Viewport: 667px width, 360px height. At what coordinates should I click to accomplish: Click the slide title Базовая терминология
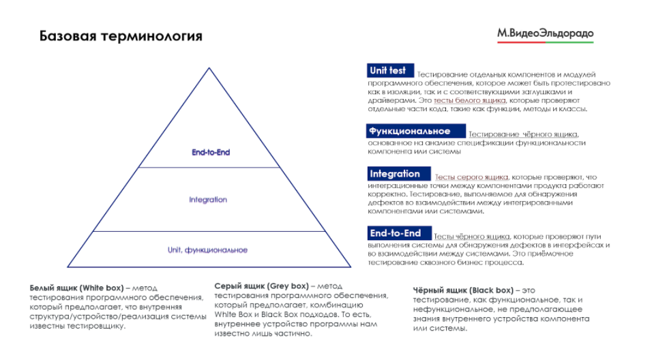tap(121, 35)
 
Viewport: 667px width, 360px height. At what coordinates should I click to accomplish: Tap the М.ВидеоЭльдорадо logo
tap(545, 33)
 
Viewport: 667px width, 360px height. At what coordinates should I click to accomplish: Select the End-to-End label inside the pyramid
tap(211, 153)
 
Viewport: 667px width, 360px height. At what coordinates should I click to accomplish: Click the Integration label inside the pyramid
tap(208, 200)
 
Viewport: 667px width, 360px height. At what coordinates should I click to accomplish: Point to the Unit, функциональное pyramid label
tap(207, 250)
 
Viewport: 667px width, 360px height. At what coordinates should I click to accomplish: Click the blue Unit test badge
tap(389, 70)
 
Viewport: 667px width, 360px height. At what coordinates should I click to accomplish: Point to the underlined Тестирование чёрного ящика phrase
tap(523, 134)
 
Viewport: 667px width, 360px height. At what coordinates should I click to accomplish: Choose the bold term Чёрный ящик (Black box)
tap(464, 290)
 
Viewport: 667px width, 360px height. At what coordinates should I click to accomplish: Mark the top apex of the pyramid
tap(207, 67)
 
